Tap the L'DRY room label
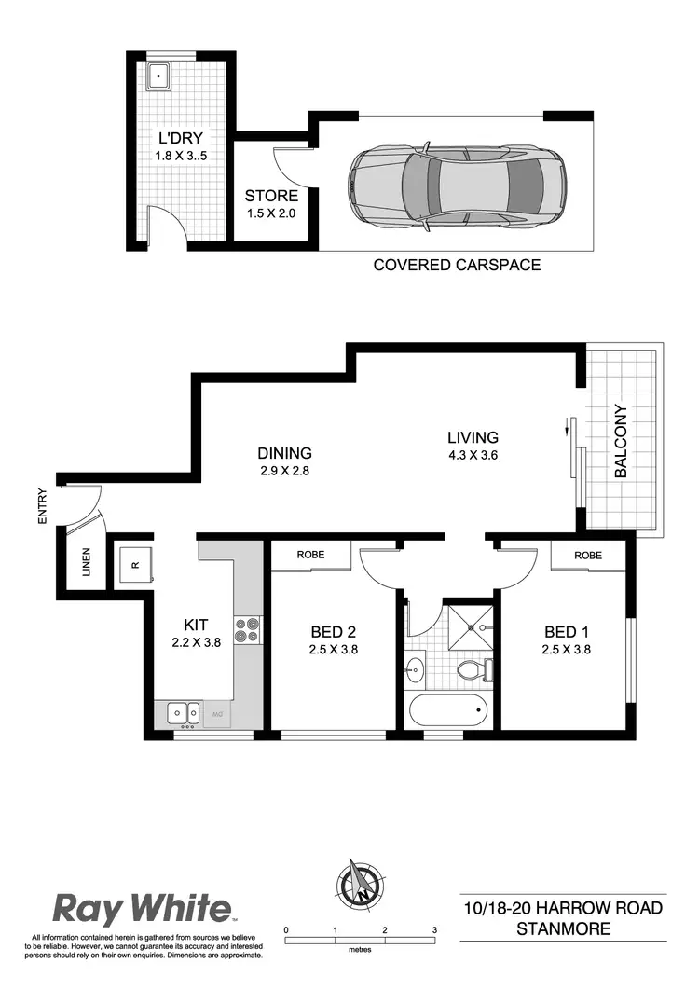coord(180,140)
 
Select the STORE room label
coord(271,196)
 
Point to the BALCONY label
coord(620,441)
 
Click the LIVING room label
coord(473,436)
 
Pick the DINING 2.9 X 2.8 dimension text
coord(284,472)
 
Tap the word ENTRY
coord(42,509)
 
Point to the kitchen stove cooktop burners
coord(247,631)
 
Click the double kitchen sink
coord(183,713)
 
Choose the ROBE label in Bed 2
coord(310,555)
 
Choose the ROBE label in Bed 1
coord(587,555)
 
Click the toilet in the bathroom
coord(476,668)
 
